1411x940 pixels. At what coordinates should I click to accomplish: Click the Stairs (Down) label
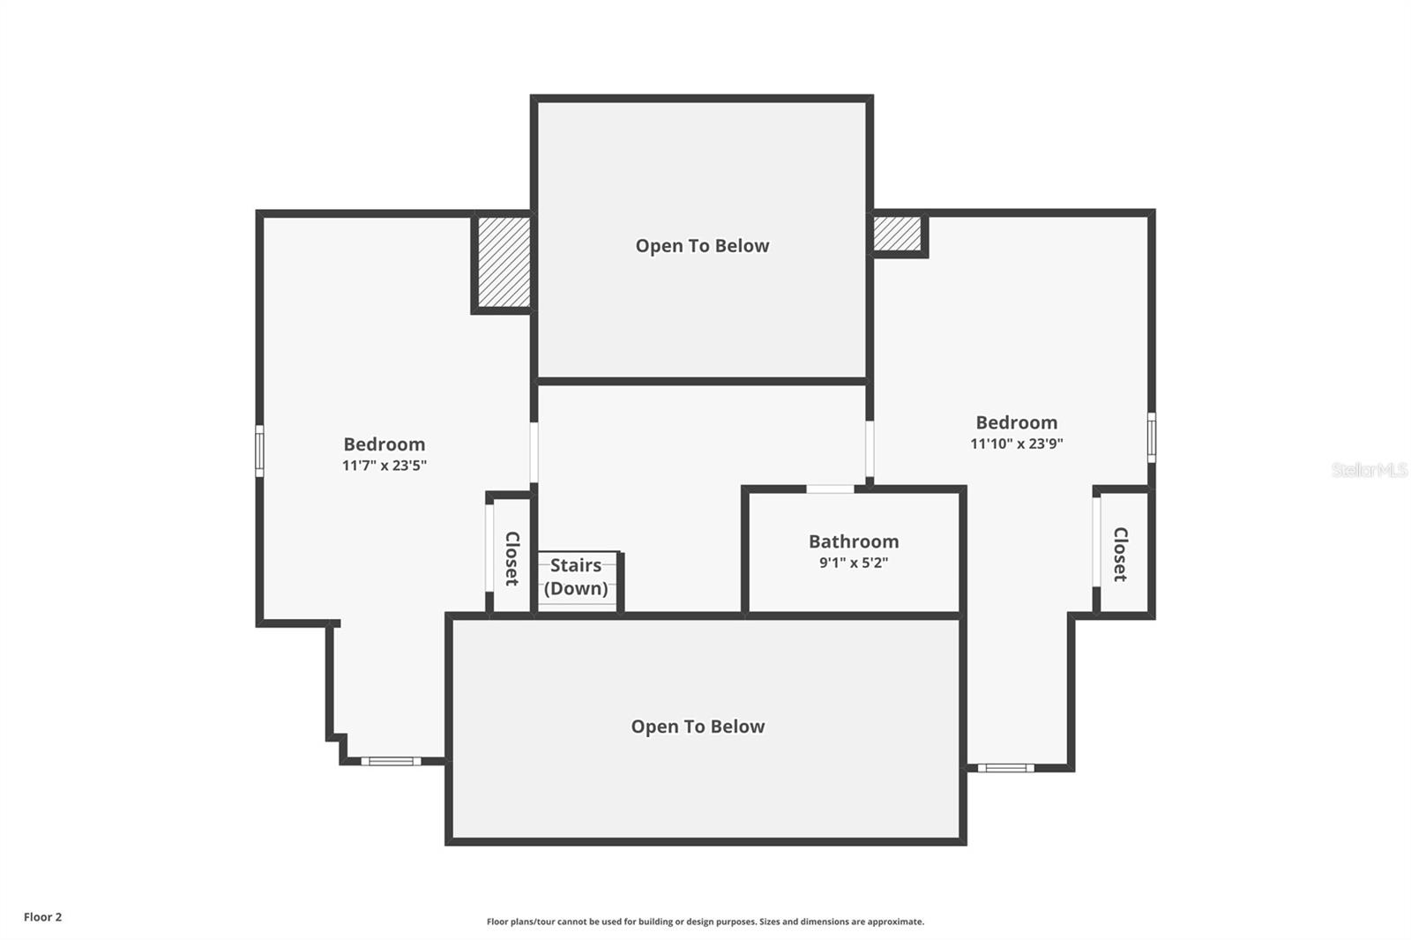[576, 577]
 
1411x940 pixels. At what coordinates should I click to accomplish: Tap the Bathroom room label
[854, 541]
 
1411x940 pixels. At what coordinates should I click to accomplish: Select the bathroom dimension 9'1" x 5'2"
[854, 562]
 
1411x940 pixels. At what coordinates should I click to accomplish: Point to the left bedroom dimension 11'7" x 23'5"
[384, 465]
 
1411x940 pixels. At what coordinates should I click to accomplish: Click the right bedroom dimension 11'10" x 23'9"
[1017, 443]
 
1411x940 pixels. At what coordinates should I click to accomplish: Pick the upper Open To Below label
[702, 245]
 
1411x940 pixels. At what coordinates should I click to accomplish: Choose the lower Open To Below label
[698, 726]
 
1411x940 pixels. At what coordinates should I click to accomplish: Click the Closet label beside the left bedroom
[512, 558]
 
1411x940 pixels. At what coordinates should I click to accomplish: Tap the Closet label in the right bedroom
[1120, 555]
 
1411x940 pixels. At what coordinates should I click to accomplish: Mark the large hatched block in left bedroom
[504, 262]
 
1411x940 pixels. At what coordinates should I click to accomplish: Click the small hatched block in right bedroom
[897, 233]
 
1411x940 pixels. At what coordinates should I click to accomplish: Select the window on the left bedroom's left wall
[259, 451]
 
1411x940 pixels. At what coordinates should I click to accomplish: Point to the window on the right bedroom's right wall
[1152, 437]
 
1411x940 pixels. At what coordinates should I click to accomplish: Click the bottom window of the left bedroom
[391, 761]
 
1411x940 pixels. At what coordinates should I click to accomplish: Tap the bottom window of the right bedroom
[1006, 767]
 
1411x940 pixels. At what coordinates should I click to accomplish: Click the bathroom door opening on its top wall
[830, 489]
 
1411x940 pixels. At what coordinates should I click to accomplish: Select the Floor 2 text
[43, 917]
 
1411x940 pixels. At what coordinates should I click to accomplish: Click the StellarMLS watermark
[1370, 469]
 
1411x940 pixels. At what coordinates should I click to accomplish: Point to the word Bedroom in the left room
[384, 444]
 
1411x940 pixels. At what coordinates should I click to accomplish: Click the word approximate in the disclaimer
[896, 921]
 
